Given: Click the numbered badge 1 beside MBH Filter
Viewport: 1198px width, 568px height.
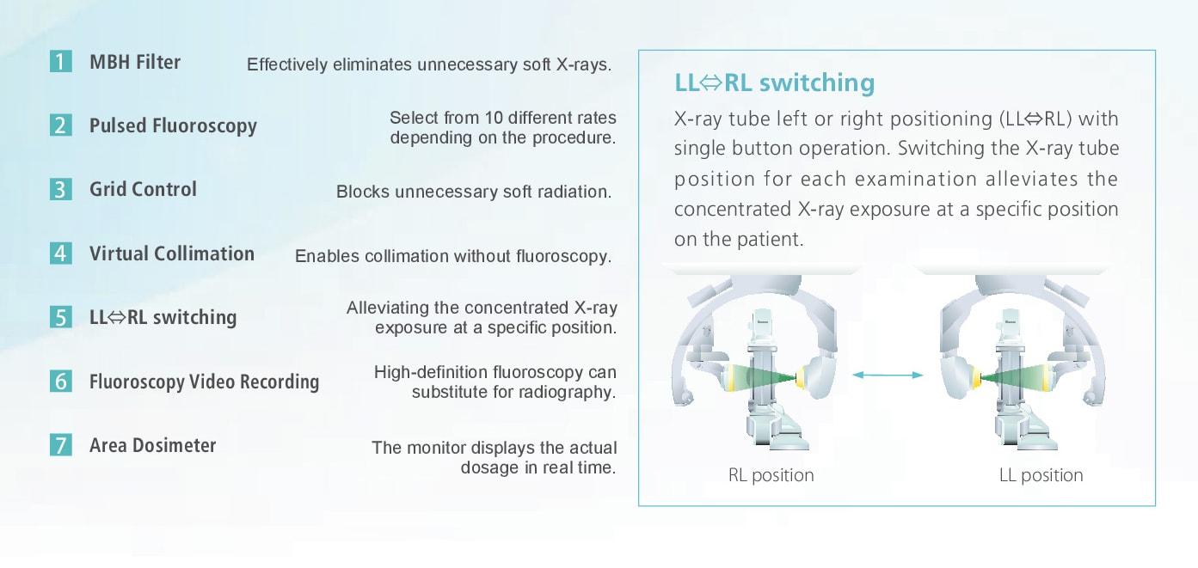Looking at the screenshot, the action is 61,62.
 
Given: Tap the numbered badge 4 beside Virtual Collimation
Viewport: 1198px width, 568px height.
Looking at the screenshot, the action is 61,253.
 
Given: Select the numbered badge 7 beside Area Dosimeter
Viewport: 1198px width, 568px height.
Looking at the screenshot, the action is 61,444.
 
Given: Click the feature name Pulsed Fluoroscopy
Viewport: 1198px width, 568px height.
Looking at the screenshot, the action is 173,126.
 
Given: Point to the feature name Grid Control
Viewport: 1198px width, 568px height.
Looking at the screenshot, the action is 143,189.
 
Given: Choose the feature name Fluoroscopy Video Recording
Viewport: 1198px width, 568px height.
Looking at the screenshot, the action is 205,382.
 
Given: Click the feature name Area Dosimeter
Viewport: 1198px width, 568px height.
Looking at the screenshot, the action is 152,445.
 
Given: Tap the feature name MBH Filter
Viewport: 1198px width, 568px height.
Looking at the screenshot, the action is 135,62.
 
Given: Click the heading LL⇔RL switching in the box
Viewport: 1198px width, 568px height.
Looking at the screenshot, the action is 774,82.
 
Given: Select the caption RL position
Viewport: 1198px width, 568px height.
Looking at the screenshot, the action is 771,475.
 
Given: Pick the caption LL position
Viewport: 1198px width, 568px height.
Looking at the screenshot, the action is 1041,475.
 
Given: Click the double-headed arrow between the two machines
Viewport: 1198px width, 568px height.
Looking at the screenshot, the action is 888,376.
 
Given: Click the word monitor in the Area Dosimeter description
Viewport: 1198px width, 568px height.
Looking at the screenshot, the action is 436,448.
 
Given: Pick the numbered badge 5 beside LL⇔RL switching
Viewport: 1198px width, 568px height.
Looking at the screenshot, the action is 61,317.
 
